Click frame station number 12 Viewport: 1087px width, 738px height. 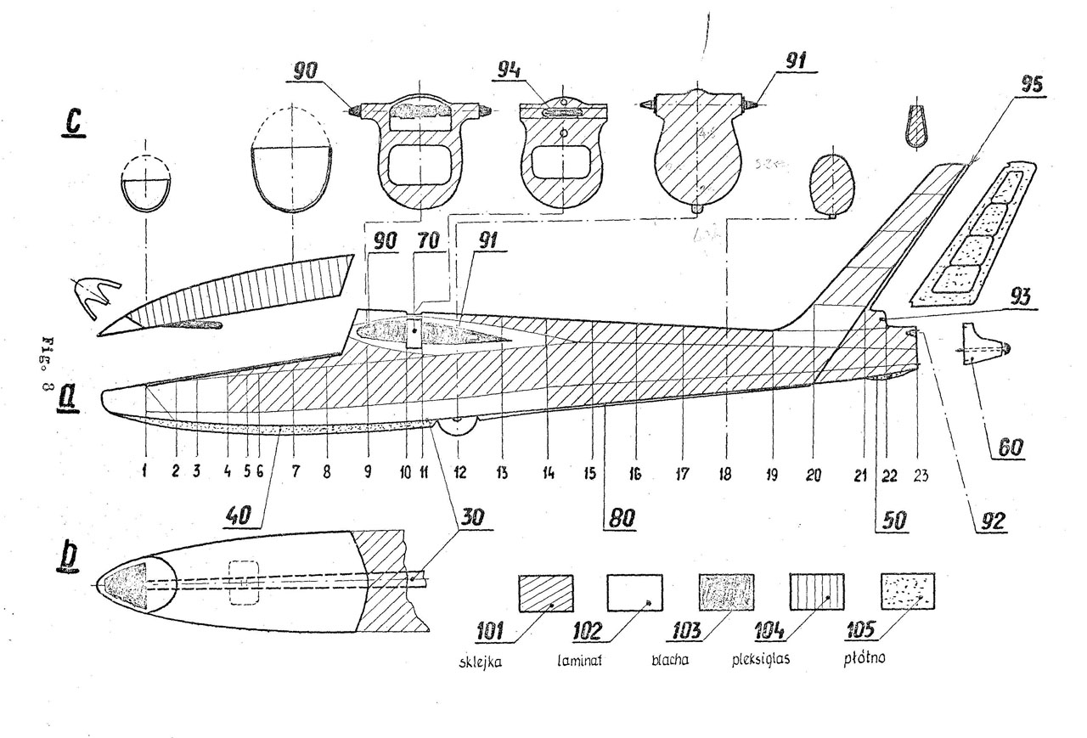[459, 476]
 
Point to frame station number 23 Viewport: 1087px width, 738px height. [920, 476]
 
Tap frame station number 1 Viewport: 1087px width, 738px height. [145, 476]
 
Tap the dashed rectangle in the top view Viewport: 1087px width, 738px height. [244, 582]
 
